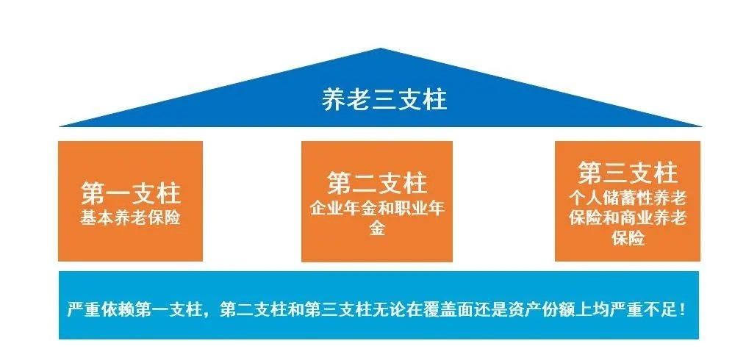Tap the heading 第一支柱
point(130,195)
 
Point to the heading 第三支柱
point(627,174)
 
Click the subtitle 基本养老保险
point(130,218)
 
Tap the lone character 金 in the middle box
point(376,228)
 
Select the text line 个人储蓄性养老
point(627,198)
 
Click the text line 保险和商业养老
point(627,218)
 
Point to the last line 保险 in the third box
point(627,239)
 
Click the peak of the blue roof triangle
point(381,51)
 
